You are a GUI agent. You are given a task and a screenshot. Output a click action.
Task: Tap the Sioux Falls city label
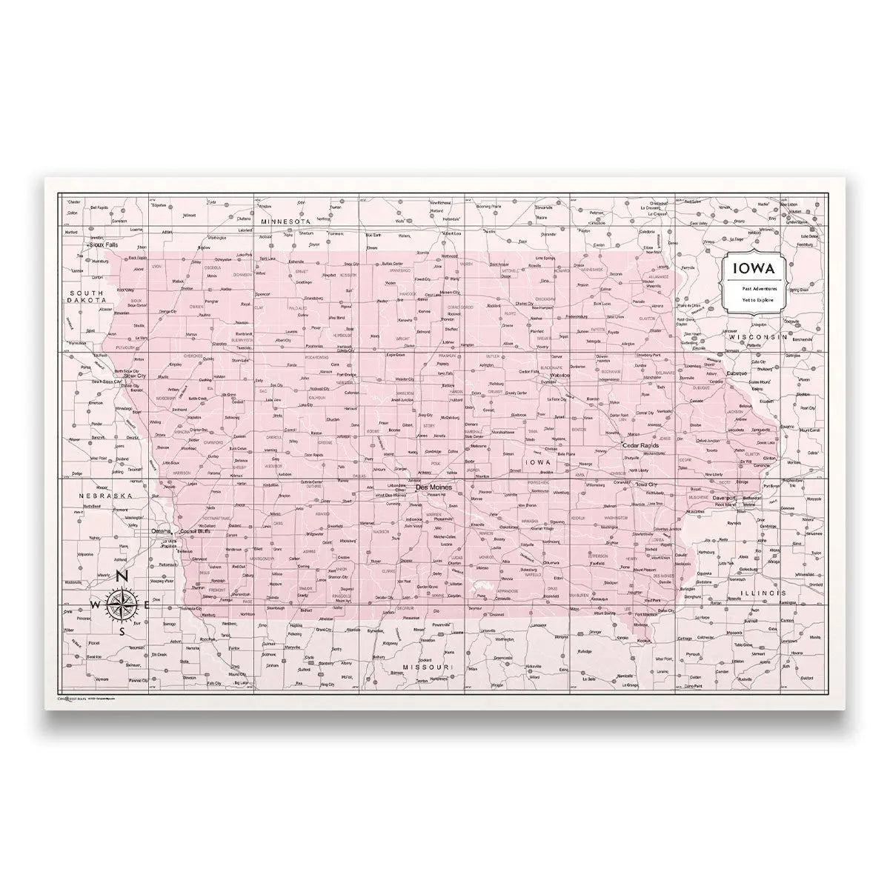pyautogui.click(x=103, y=243)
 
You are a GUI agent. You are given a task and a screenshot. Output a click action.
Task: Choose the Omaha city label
pyautogui.click(x=160, y=531)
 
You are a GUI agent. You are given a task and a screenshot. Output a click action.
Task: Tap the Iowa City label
pyautogui.click(x=647, y=484)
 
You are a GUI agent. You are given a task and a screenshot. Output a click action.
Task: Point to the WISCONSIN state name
pyautogui.click(x=756, y=336)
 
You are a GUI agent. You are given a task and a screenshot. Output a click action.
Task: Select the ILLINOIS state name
pyautogui.click(x=765, y=593)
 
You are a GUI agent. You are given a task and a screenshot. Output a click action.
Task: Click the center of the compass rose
pyautogui.click(x=123, y=604)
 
